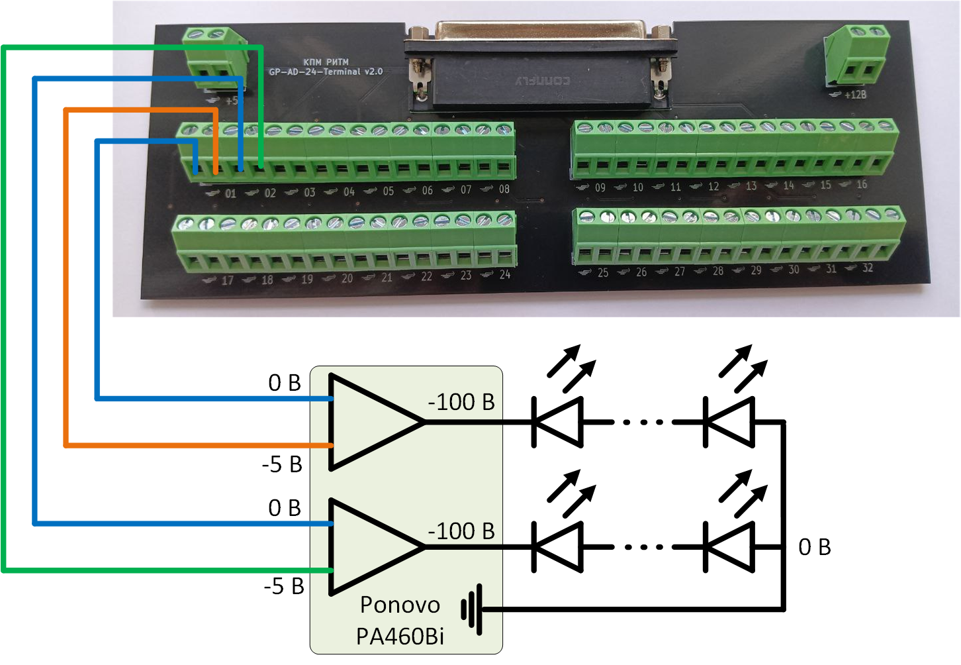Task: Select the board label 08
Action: [504, 189]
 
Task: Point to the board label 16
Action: [862, 185]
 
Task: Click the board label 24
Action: [505, 274]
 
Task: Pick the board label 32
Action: [867, 268]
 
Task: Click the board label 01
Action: [230, 193]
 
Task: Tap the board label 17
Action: [227, 280]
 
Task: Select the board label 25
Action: [603, 272]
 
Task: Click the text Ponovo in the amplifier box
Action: [400, 605]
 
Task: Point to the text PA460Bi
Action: [400, 636]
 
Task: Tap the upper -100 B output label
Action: [461, 402]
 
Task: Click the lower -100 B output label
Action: [461, 531]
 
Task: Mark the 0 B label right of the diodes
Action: [814, 547]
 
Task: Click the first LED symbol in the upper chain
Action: [558, 421]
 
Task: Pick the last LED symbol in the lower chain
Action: [729, 547]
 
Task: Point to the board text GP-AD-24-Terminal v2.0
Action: [326, 72]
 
